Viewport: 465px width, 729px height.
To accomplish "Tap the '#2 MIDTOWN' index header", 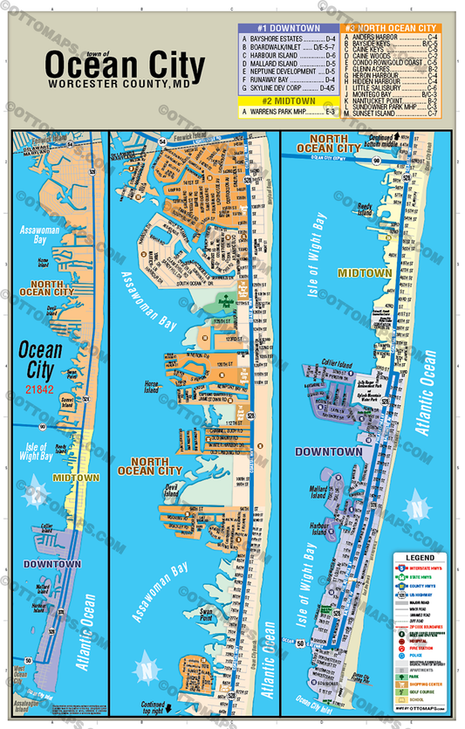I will [286, 101].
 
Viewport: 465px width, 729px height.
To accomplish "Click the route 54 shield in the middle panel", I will [162, 141].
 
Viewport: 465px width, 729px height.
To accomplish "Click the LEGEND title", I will [420, 556].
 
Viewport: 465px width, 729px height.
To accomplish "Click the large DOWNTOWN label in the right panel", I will [329, 452].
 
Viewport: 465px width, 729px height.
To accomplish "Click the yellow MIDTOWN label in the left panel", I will [68, 478].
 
